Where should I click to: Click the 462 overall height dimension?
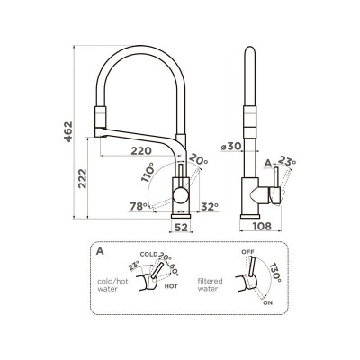pos(68,131)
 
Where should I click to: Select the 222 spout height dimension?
pos(82,178)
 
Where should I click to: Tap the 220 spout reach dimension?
pos(141,150)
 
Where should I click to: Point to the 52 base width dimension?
pos(181,228)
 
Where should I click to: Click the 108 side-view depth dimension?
pos(261,226)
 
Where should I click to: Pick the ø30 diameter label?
pos(231,147)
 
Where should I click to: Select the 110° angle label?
pos(148,172)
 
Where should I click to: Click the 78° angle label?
pos(139,206)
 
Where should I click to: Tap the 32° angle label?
pos(210,206)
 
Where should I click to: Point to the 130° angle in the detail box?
pos(274,273)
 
